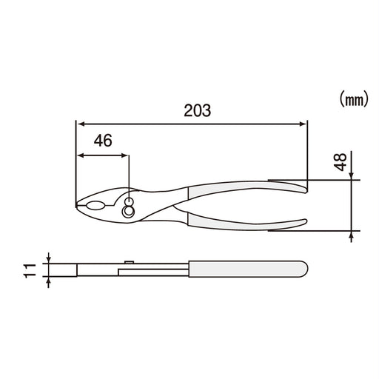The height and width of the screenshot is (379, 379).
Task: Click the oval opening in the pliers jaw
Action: click(95, 205)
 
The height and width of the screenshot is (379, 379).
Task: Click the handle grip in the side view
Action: click(244, 267)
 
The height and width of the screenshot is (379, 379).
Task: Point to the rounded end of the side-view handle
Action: click(301, 267)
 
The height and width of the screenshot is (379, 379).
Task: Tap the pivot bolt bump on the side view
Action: click(129, 260)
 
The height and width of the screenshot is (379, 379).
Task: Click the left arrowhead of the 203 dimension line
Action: click(80, 124)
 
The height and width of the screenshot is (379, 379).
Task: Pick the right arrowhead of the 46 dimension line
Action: click(125, 155)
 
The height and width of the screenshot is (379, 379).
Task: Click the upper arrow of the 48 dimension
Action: click(352, 174)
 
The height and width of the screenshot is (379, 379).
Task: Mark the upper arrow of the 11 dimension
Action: click(50, 258)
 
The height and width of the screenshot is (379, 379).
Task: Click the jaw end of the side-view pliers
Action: click(79, 268)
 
